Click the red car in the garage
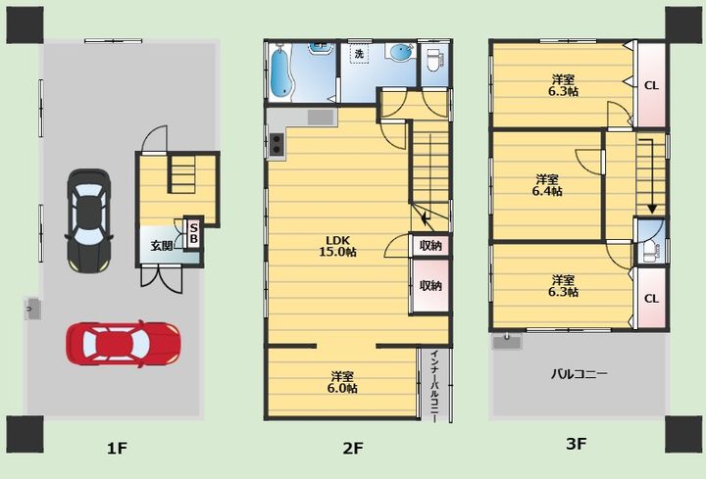124,344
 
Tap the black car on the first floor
89,220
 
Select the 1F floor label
118,448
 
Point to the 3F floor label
576,445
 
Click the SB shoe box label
193,234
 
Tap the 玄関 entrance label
161,246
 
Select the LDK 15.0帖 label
337,246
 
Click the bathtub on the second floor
282,72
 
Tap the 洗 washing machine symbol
359,54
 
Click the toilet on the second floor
434,61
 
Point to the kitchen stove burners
277,144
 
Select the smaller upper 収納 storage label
430,246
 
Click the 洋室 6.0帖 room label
342,382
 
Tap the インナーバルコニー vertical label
434,385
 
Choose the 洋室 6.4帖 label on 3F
547,185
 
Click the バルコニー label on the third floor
580,374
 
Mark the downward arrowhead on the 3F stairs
651,209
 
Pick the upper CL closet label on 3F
651,85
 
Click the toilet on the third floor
651,251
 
